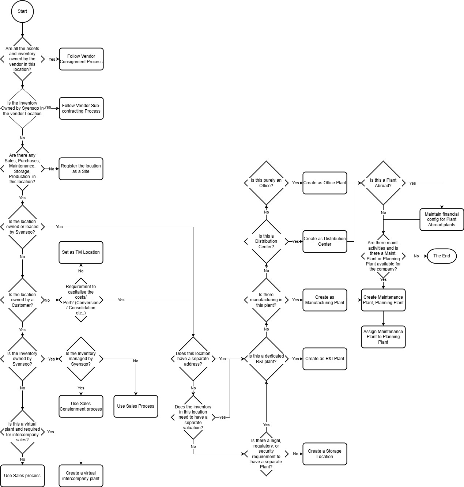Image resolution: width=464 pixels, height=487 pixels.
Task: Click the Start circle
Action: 22,11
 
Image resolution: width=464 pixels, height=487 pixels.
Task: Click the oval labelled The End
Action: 441,256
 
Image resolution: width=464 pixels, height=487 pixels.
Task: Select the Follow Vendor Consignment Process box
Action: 81,59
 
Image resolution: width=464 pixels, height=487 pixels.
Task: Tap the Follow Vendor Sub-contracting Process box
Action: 81,108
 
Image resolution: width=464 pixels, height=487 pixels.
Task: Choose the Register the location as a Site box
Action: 81,169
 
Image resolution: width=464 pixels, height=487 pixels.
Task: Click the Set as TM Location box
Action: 81,252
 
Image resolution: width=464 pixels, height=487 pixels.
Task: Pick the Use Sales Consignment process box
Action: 81,406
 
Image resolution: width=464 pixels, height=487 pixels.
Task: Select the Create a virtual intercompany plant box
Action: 81,476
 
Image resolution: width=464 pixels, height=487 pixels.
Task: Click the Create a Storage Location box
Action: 324,454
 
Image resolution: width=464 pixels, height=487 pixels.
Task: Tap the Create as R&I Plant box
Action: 324,359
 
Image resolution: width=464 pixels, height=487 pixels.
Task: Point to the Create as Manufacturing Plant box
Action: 324,300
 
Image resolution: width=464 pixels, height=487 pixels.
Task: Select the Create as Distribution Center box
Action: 324,241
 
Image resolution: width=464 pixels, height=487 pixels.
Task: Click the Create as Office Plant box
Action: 324,183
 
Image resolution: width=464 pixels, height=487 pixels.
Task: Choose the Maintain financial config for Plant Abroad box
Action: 441,219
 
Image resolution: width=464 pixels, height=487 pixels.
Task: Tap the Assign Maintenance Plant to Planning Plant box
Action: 383,337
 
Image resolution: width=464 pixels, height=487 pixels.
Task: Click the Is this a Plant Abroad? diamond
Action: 383,183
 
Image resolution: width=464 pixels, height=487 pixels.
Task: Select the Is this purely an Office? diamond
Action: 266,183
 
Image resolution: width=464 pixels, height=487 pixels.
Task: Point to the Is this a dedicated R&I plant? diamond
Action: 266,359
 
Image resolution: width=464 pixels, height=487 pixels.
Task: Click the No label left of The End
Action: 416,256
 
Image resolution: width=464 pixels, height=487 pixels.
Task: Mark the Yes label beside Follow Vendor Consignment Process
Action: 52,59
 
